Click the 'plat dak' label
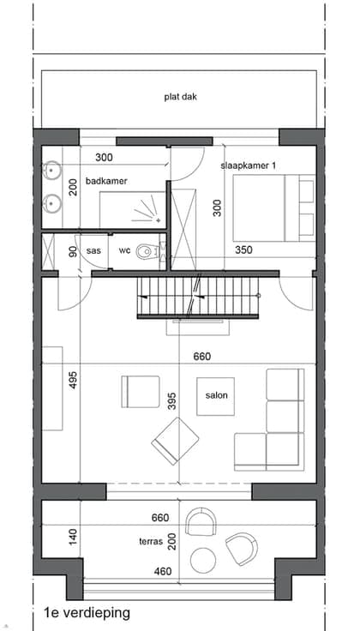coord(181,97)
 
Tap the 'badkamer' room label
coord(106,181)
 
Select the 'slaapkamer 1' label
coord(249,165)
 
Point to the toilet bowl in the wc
coord(144,251)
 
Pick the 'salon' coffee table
coord(216,396)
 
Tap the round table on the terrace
coord(203,560)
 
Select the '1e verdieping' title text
coord(87,613)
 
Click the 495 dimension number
coord(73,380)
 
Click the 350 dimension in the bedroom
coord(243,249)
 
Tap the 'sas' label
coord(93,250)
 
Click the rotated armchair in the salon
coord(175,441)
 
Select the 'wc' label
coord(124,250)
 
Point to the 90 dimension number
coord(73,251)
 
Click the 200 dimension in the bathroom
coord(73,187)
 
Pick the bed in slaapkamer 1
coord(273,208)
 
